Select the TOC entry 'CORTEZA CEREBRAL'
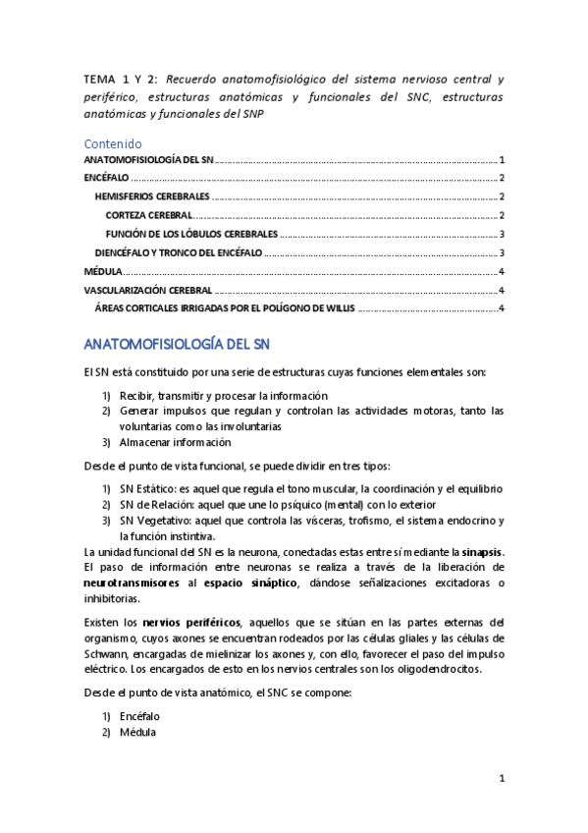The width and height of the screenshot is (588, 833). tap(149, 215)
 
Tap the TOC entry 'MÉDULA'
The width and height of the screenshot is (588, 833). tap(103, 271)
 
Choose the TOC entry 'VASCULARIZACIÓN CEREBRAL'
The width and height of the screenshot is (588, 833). tap(147, 290)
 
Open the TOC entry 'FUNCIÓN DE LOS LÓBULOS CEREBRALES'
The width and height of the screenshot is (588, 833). tap(192, 234)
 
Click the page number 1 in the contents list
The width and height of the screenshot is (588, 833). tap(502, 159)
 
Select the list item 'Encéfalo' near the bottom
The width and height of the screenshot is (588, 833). tap(139, 717)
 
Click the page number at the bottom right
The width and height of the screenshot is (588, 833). tap(502, 780)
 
